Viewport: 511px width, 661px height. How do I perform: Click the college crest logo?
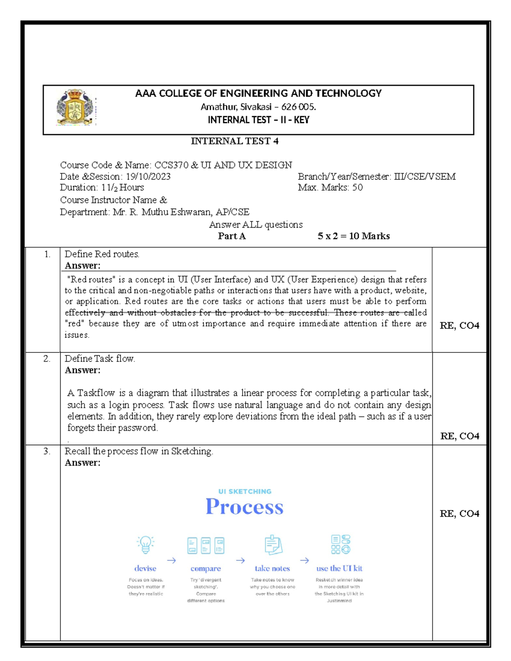tap(75, 108)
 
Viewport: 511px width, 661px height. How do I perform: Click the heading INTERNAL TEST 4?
tap(234, 141)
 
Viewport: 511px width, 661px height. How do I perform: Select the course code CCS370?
tap(171, 165)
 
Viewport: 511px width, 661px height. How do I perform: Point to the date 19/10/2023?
tap(148, 177)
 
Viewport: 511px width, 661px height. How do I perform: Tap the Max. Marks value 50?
tap(357, 188)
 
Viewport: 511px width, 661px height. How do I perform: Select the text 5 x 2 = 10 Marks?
tap(353, 236)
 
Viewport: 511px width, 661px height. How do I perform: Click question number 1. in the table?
tap(47, 255)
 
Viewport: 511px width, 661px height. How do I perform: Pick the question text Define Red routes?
tap(102, 254)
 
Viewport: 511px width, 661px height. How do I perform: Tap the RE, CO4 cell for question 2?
tap(459, 436)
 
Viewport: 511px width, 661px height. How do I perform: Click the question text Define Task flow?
tap(100, 359)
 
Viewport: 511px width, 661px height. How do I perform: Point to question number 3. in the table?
tap(47, 451)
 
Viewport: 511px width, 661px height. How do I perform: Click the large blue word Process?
tap(244, 507)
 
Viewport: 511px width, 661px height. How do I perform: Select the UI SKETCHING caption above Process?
tap(244, 491)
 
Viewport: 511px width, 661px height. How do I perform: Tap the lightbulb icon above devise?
tap(145, 545)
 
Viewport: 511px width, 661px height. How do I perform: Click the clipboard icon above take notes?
tap(273, 545)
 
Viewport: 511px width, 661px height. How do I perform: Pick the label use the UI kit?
tap(339, 568)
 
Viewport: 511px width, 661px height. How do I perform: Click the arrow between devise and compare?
tap(172, 561)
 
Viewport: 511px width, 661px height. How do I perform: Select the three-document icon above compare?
tap(206, 545)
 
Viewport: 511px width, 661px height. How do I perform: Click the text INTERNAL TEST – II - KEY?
tap(258, 120)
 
